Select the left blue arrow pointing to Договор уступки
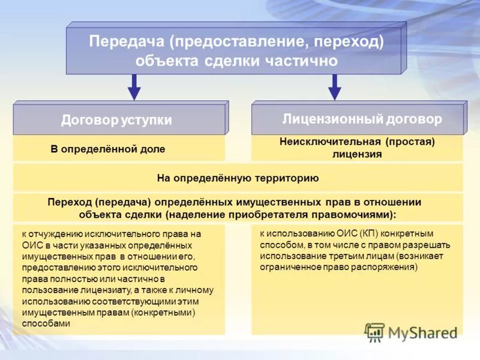point(134,87)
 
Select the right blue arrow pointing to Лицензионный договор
point(335,87)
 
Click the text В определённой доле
point(108,148)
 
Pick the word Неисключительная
point(331,142)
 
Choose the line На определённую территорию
point(238,178)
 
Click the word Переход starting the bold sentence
point(68,202)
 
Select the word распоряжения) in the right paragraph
point(387,267)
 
